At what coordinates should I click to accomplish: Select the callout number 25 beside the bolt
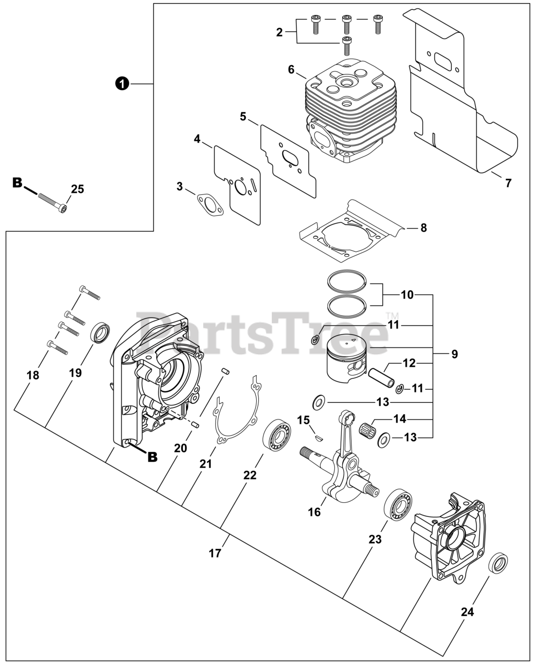(77, 189)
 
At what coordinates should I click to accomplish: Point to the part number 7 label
(508, 183)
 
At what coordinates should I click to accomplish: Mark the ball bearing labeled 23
(398, 503)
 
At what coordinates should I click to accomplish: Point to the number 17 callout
(215, 553)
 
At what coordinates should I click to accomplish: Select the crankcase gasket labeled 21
(237, 412)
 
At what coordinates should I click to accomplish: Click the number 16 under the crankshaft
(314, 512)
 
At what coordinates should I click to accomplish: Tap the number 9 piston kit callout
(454, 354)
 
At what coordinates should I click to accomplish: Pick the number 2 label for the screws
(279, 32)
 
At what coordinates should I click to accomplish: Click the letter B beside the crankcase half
(152, 456)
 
